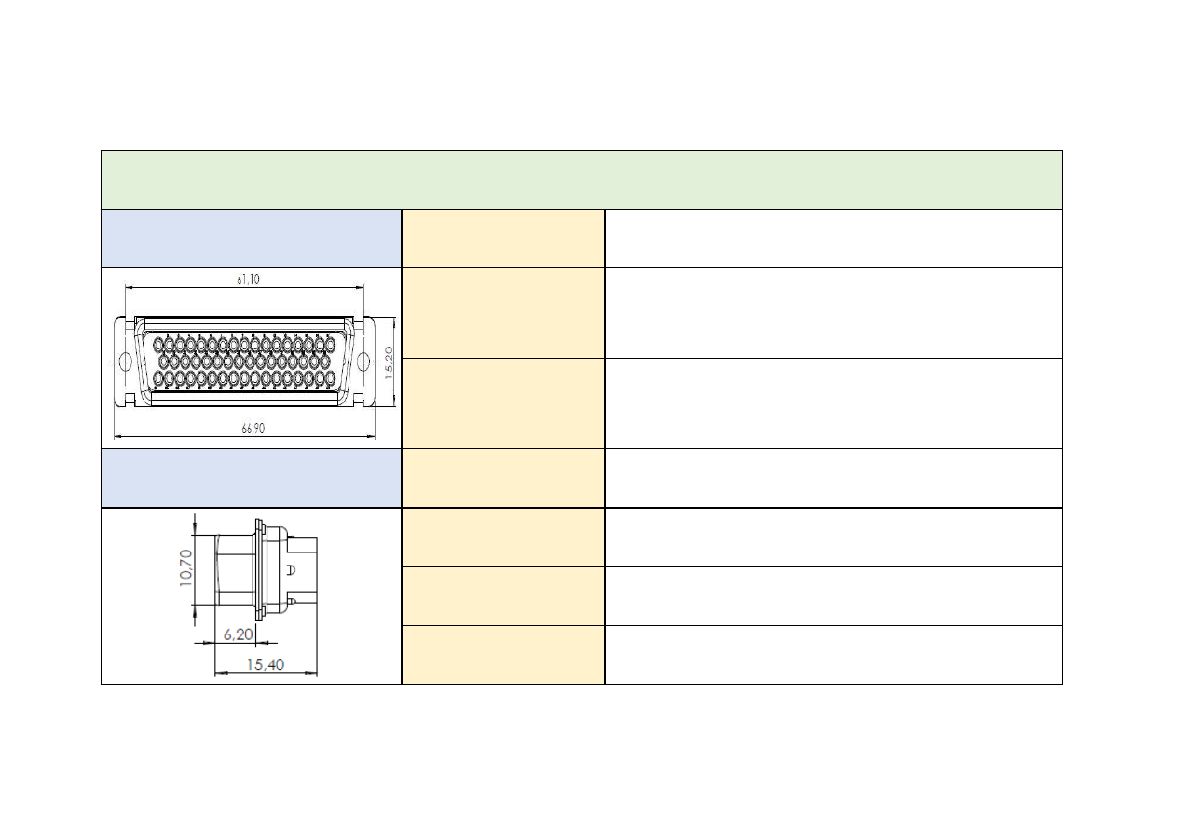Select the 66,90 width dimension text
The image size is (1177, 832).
(x=248, y=429)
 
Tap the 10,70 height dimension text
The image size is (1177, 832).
(x=185, y=567)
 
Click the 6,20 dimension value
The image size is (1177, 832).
(x=238, y=634)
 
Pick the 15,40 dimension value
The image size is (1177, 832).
(x=266, y=664)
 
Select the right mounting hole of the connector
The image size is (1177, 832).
(x=366, y=361)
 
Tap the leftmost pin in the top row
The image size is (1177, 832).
(x=157, y=345)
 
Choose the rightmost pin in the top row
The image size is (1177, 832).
(x=330, y=345)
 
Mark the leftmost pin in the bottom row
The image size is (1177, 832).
(x=157, y=378)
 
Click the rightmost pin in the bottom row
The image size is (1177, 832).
(x=330, y=378)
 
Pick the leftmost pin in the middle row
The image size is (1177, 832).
(x=163, y=361)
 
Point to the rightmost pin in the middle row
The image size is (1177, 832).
(x=325, y=361)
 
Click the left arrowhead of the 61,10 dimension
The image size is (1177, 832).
(x=128, y=287)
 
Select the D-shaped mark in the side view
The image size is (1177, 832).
(x=291, y=570)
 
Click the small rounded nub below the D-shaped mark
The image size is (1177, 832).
(x=293, y=604)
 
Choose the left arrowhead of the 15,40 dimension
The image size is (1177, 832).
(x=218, y=672)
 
